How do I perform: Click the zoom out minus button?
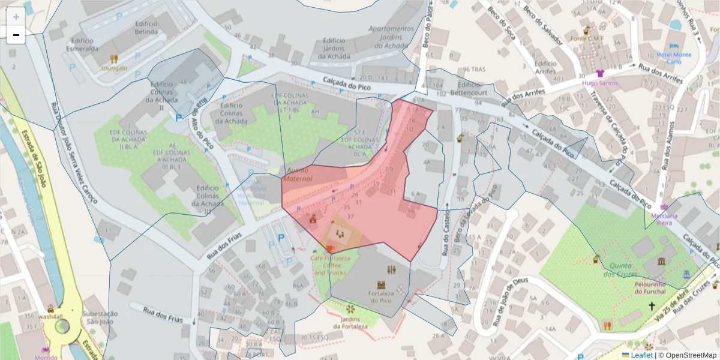tap(16, 35)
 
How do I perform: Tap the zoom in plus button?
tap(16, 17)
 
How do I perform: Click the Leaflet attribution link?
tap(641, 355)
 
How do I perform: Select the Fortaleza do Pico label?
tap(380, 297)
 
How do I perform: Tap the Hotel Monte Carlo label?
tap(674, 58)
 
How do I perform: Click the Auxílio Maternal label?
tap(298, 175)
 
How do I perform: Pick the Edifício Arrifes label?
tap(545, 67)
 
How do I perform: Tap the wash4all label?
tap(33, 316)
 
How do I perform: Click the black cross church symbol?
tap(652, 306)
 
